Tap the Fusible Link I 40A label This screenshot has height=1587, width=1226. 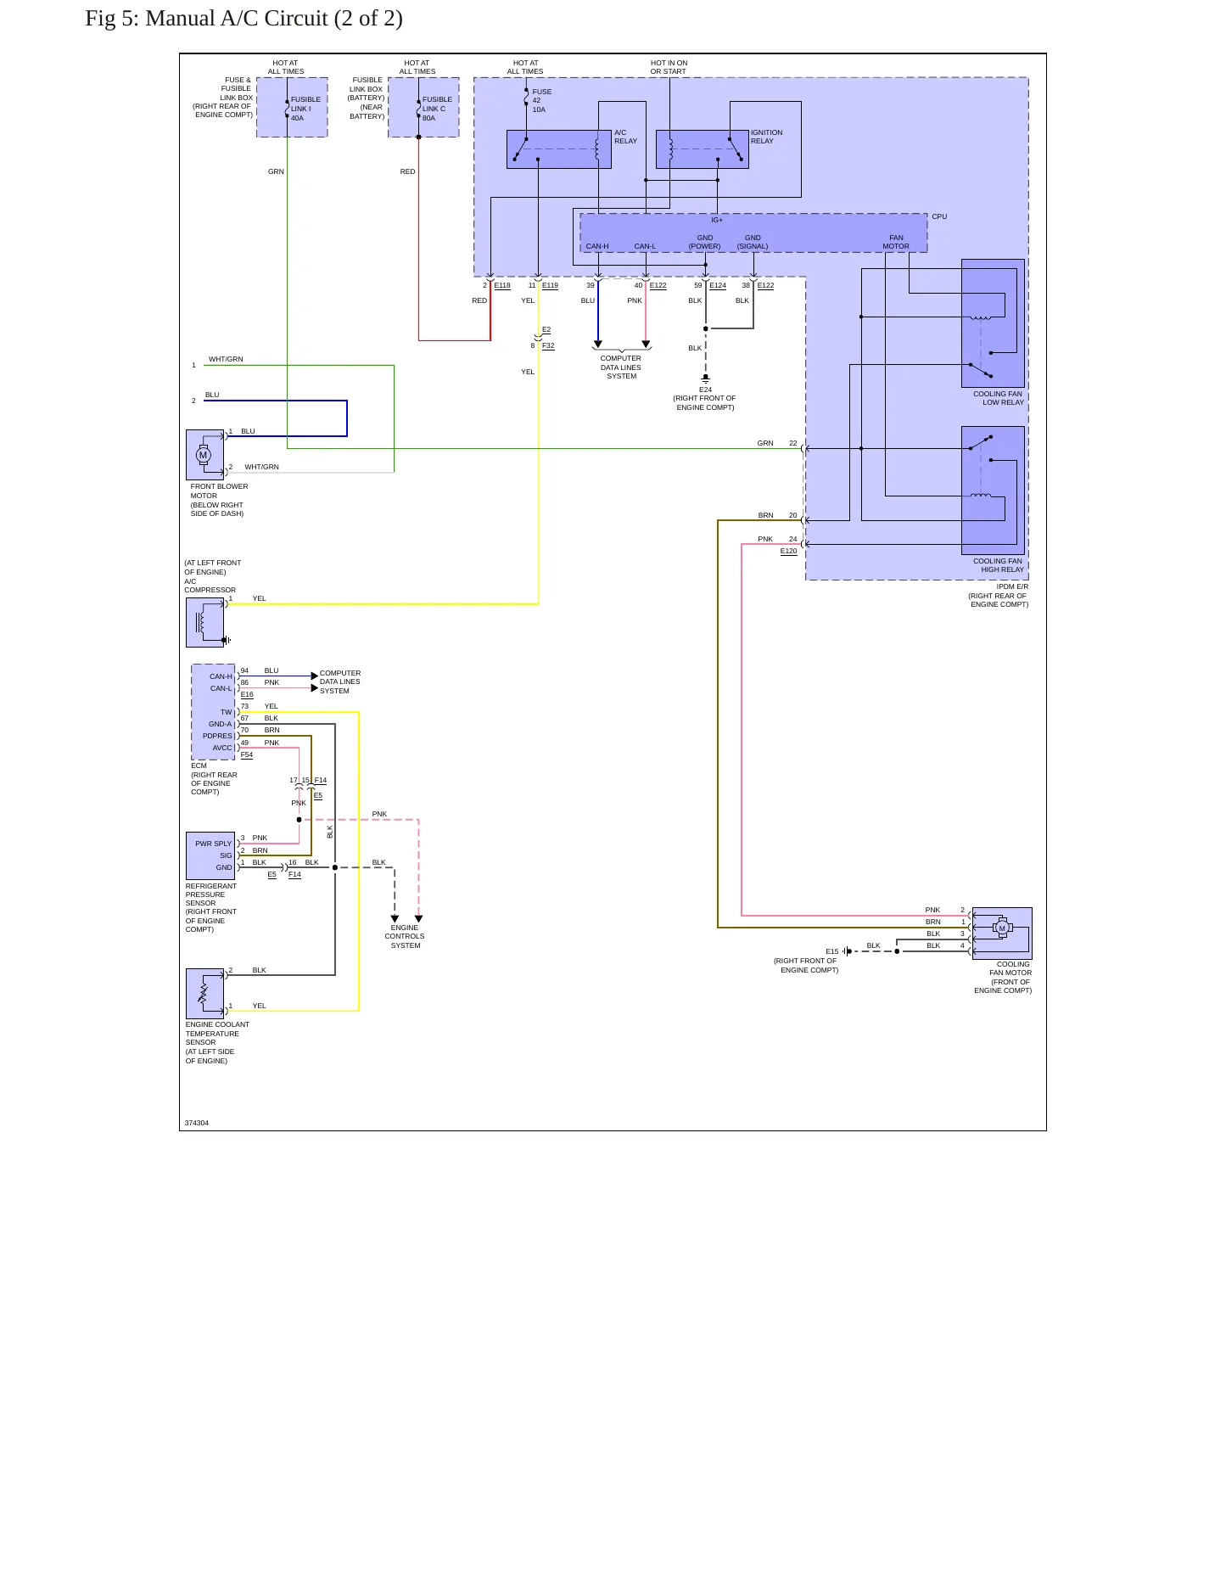click(305, 109)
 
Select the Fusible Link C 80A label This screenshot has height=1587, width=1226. click(437, 109)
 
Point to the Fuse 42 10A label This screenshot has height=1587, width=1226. click(541, 101)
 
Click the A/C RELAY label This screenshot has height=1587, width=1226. click(625, 137)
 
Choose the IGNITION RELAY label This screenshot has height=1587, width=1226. click(766, 137)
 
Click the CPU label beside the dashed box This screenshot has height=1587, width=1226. click(939, 216)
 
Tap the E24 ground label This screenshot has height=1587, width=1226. click(705, 390)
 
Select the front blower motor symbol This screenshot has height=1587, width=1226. click(204, 455)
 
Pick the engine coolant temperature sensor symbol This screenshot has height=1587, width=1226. click(204, 993)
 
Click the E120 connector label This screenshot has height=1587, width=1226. click(788, 551)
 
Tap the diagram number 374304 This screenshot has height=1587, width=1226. click(196, 1123)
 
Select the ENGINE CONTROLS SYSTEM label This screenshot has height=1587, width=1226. click(405, 936)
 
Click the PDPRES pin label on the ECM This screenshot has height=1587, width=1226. click(217, 736)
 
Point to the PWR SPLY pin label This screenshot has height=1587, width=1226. click(213, 844)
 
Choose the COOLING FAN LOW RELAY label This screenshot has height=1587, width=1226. click(998, 398)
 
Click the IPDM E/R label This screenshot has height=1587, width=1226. click(1012, 586)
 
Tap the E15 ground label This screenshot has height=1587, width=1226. click(831, 951)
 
